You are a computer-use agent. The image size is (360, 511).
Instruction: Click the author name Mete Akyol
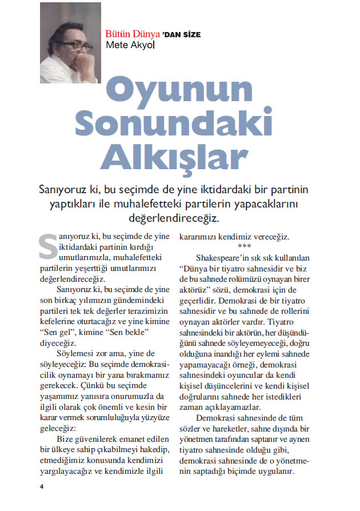coord(130,45)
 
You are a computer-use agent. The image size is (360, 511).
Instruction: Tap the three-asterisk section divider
coord(244,246)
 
